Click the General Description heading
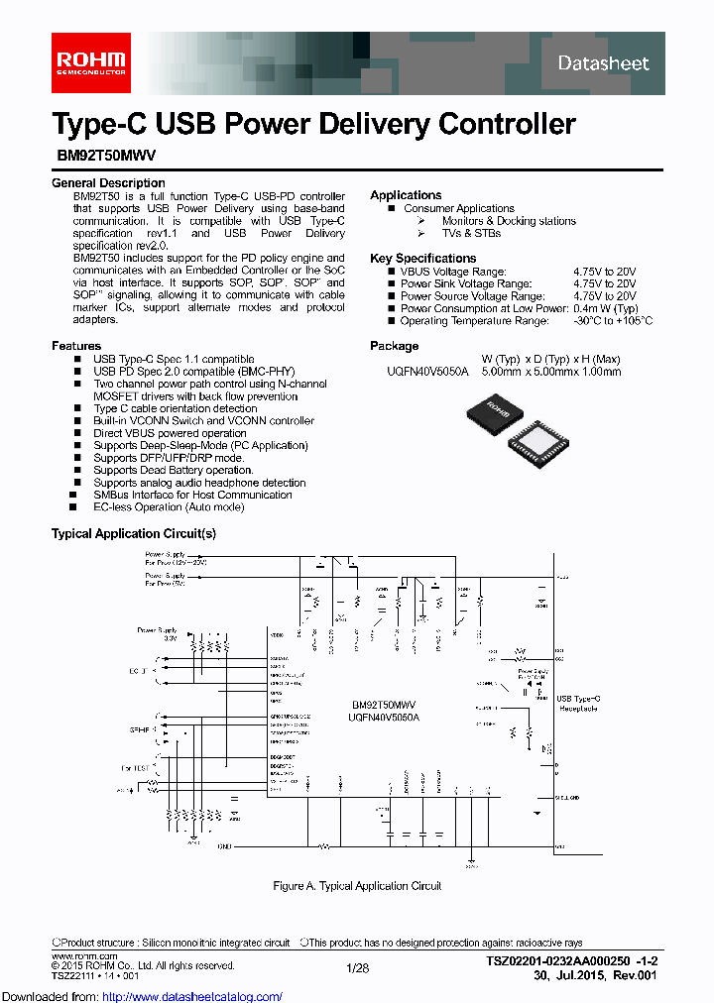(108, 183)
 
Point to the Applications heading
(406, 195)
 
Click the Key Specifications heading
(423, 258)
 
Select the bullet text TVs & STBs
(471, 234)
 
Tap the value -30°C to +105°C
(612, 321)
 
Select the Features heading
(76, 346)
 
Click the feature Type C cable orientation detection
(176, 408)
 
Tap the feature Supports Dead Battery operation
(174, 470)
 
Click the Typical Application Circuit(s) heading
(133, 534)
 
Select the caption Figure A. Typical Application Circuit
(357, 886)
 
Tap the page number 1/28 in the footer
(356, 967)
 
